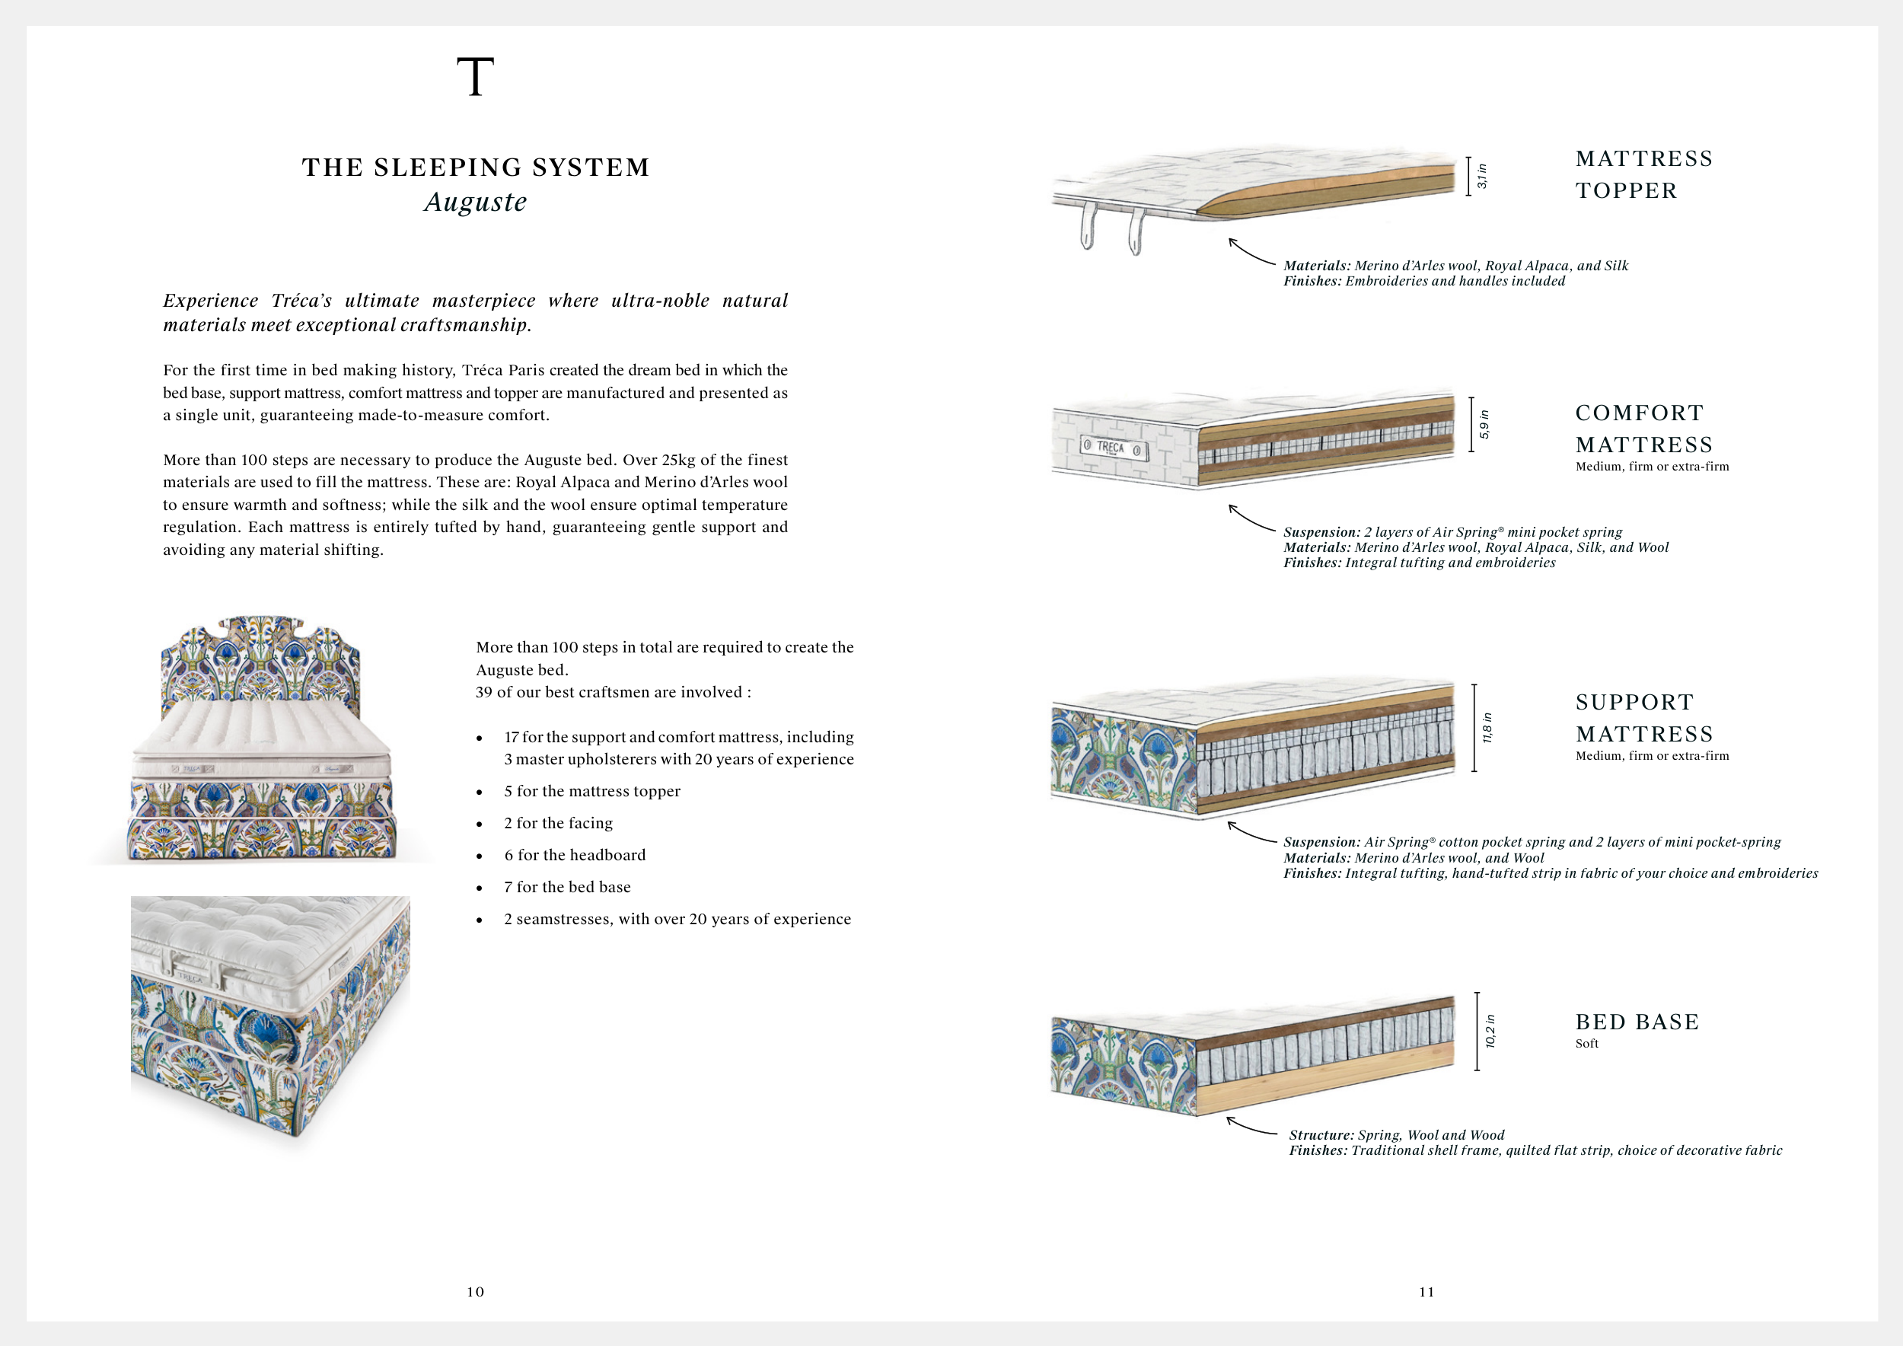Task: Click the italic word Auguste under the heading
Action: (475, 203)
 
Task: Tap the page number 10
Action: (475, 1291)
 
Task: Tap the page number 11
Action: (1426, 1291)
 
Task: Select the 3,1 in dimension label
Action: (1482, 176)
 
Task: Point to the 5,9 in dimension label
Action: (1484, 424)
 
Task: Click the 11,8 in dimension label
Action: (1487, 728)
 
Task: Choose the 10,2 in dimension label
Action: (1490, 1031)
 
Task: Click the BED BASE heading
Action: (1637, 1022)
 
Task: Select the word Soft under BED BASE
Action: (1586, 1044)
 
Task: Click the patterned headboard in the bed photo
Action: (260, 663)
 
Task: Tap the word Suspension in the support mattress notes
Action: (1321, 842)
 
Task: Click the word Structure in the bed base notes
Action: (1321, 1135)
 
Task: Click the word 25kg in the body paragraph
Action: (681, 460)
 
